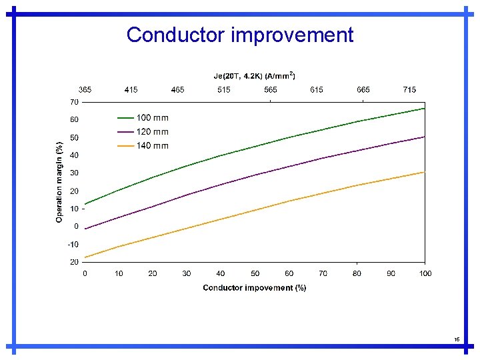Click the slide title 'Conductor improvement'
click(240, 35)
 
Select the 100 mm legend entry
click(152, 118)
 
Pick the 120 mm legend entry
click(152, 132)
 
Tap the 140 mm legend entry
click(152, 145)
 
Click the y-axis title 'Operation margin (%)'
click(59, 182)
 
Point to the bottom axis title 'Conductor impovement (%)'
click(254, 288)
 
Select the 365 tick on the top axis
click(85, 89)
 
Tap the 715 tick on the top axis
click(409, 89)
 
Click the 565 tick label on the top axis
click(270, 89)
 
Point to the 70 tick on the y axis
click(74, 102)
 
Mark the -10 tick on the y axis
click(73, 244)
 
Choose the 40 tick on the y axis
click(74, 155)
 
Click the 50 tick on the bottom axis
click(255, 273)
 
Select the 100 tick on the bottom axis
click(425, 273)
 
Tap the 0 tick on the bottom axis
click(85, 273)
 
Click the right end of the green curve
click(425, 108)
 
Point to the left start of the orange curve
click(85, 257)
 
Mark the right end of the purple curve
click(425, 137)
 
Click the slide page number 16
click(457, 339)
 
